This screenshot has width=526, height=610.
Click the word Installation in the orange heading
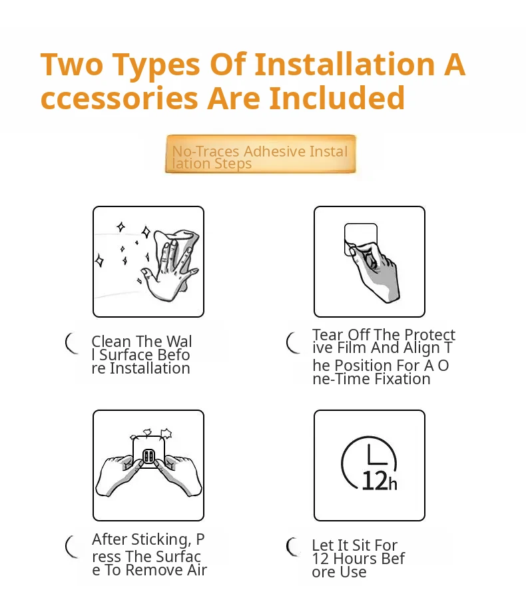[344, 64]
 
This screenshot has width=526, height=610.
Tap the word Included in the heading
[337, 98]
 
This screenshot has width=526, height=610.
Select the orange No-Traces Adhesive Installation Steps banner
[260, 154]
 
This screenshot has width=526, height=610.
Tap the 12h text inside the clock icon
[380, 481]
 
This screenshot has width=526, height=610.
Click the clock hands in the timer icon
[377, 454]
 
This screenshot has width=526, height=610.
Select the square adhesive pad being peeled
[361, 239]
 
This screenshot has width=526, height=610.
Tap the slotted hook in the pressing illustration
[148, 456]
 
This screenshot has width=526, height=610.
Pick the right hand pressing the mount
[178, 476]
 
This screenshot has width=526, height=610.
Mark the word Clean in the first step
[111, 342]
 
